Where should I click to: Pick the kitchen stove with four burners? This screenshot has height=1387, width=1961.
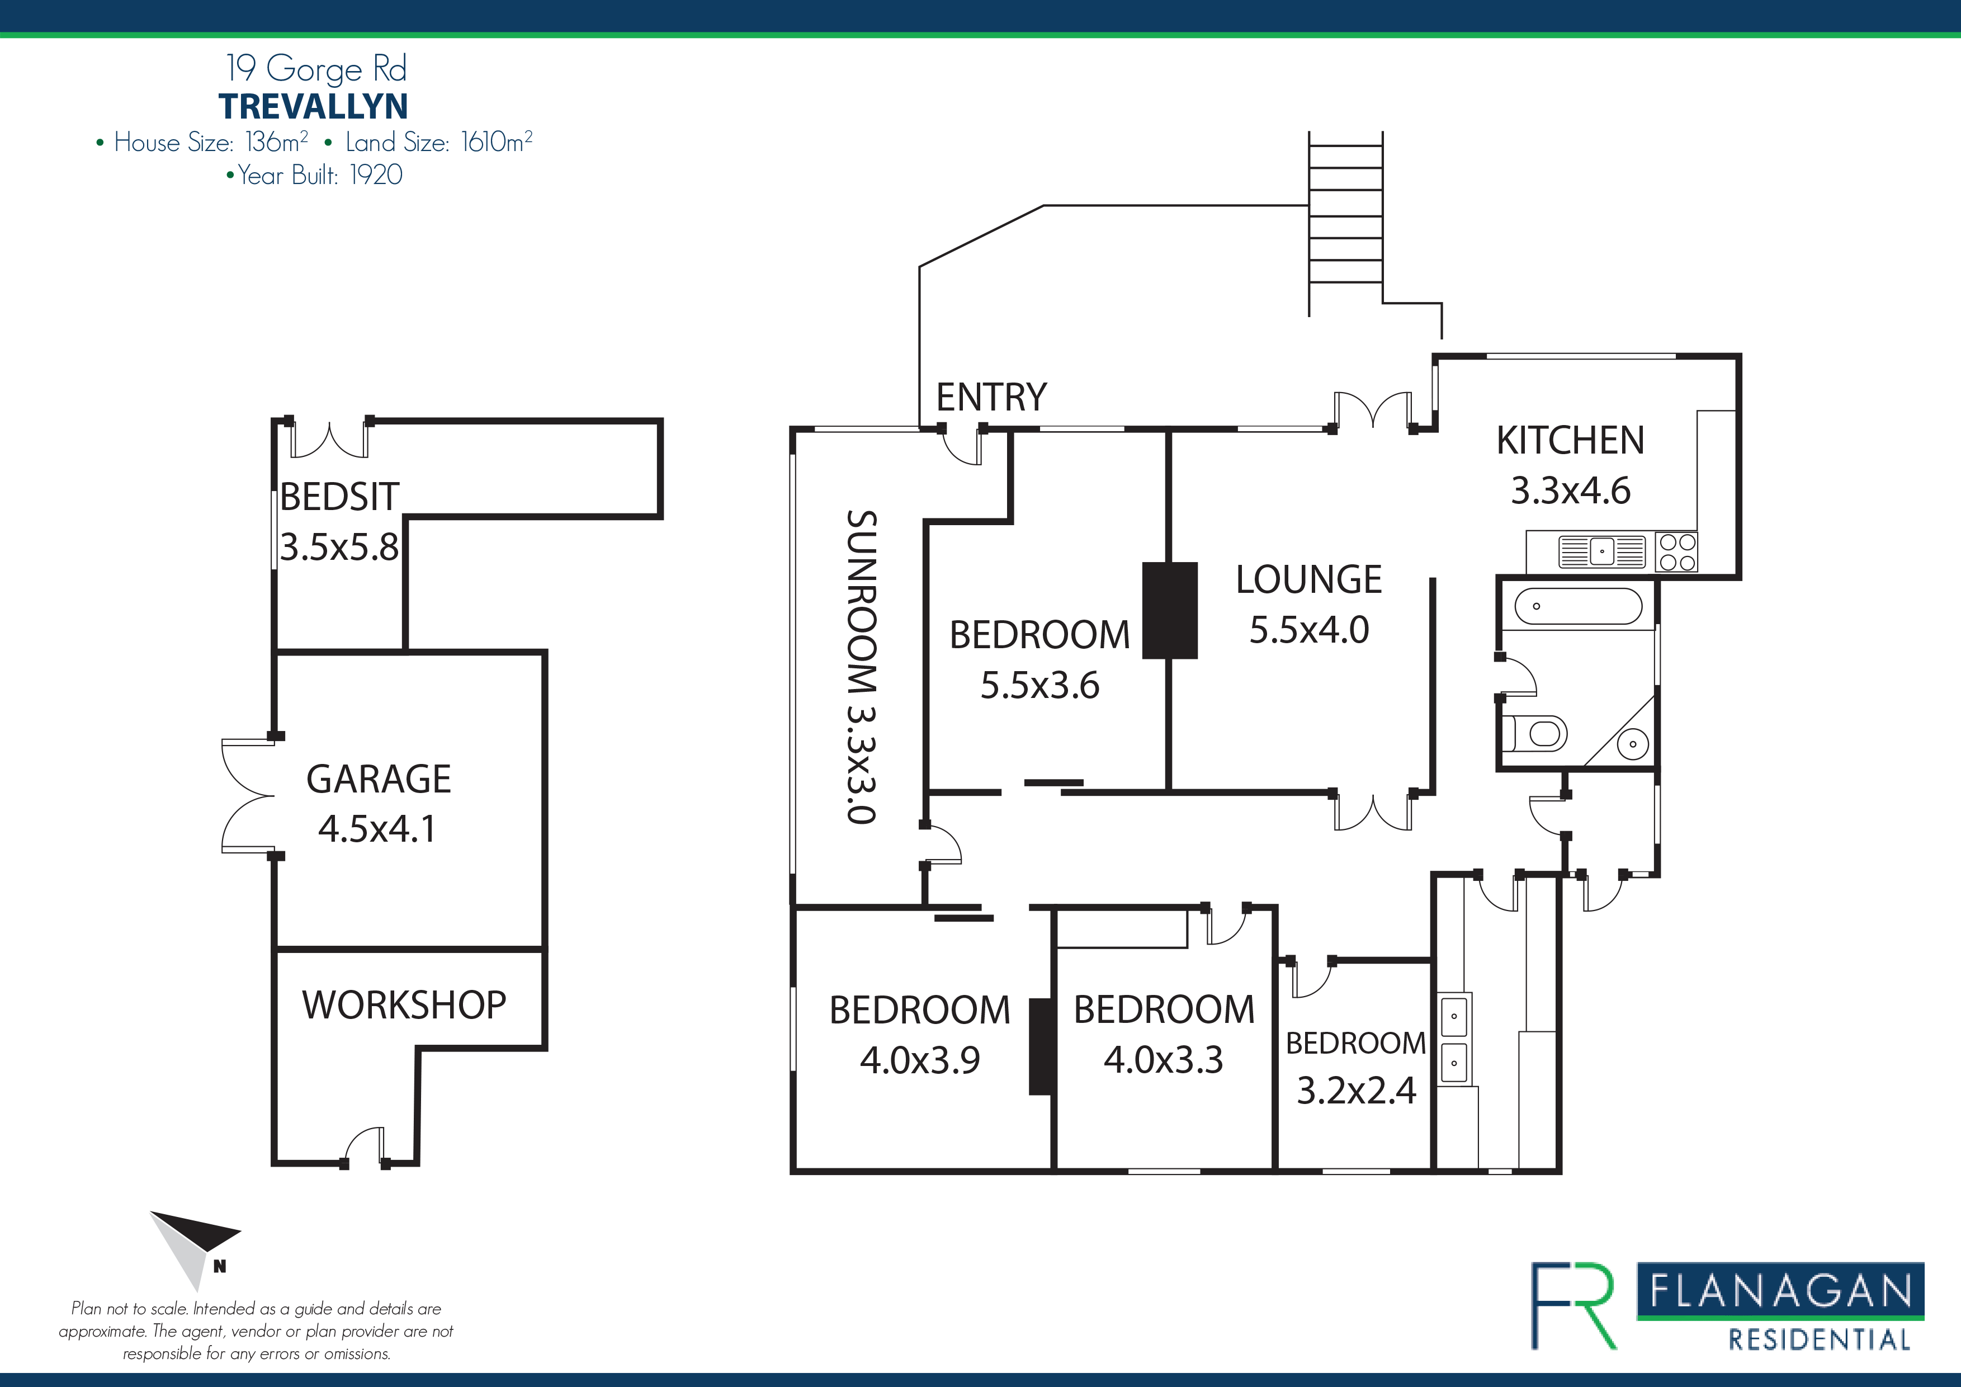click(x=1676, y=552)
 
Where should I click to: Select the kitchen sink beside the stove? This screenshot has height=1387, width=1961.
click(x=1601, y=552)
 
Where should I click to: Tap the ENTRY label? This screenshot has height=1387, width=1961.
click(x=991, y=397)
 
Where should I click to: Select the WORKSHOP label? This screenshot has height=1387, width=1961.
click(x=404, y=1005)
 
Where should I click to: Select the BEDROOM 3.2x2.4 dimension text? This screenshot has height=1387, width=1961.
click(x=1357, y=1091)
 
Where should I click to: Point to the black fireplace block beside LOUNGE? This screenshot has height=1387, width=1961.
click(x=1169, y=610)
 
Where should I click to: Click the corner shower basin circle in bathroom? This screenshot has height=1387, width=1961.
click(x=1632, y=744)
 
